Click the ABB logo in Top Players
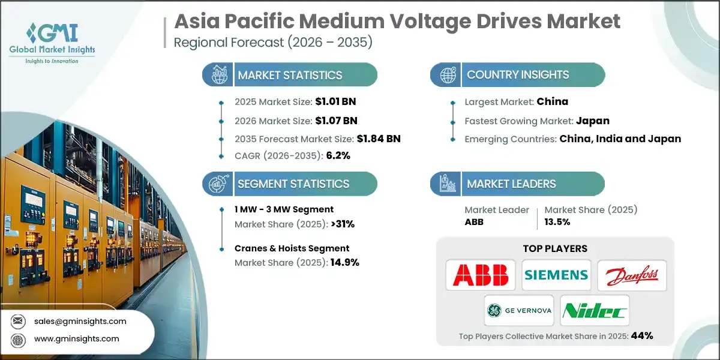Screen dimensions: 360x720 tap(481, 275)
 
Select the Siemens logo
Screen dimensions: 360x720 tap(556, 275)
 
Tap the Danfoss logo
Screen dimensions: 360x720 tap(632, 275)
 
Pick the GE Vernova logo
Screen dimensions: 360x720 tap(518, 310)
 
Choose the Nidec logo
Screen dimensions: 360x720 tap(594, 310)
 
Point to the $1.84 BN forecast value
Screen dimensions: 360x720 tap(370, 139)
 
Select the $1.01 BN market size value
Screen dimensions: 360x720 tap(335, 101)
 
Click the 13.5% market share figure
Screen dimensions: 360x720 tap(557, 221)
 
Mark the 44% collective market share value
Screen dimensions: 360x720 tap(641, 335)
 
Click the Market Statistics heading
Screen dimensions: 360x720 tap(290, 75)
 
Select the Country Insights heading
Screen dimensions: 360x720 tap(518, 75)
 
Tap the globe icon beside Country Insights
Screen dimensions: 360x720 tap(448, 75)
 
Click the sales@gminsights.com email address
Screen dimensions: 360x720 tap(80, 321)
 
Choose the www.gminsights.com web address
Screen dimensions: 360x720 tap(77, 339)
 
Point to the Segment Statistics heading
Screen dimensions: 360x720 tap(293, 184)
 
